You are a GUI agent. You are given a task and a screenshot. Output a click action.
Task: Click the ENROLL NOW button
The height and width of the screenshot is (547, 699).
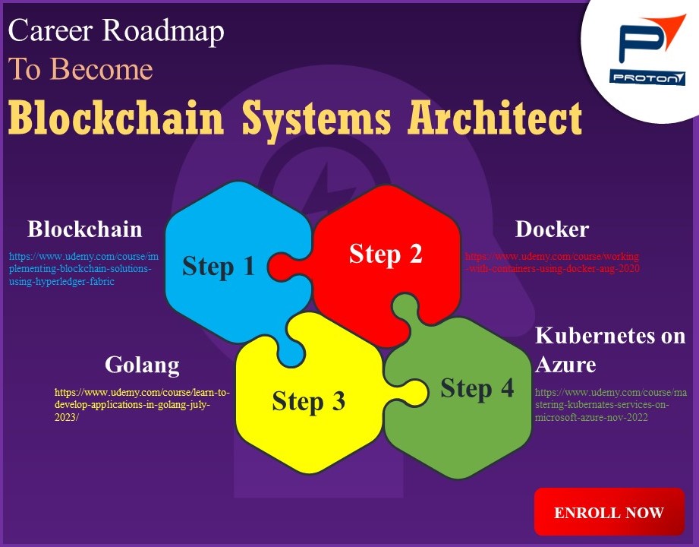pos(609,512)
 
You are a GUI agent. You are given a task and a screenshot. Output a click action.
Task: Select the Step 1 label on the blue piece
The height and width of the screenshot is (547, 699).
pos(218,266)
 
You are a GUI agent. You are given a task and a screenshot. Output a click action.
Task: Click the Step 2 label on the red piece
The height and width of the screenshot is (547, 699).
pos(385,253)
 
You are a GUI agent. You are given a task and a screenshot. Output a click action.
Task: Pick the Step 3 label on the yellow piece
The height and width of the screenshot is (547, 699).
pos(308,400)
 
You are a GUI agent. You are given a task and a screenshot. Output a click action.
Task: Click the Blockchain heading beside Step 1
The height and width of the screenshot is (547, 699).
pos(84,229)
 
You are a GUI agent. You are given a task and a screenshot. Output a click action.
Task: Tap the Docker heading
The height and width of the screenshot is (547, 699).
pos(552,229)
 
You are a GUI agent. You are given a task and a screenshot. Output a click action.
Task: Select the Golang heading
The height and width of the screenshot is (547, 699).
pos(142,365)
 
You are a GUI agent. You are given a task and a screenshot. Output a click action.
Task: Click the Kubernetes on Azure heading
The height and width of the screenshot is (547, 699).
pos(609,349)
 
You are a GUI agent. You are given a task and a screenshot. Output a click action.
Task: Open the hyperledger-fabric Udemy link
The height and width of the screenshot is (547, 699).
pos(83,269)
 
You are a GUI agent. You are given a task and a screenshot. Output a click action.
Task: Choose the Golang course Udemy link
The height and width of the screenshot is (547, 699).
pos(142,405)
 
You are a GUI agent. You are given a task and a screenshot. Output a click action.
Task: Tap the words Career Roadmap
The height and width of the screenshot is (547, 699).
pos(116,31)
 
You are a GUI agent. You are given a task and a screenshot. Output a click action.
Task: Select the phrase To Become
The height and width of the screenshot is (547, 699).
pos(80,69)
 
